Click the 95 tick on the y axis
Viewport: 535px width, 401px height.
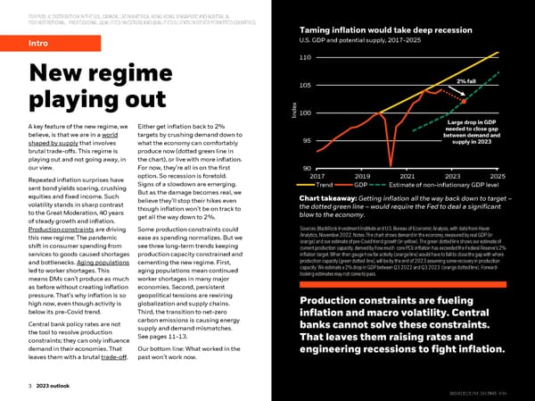pyautogui.click(x=305, y=140)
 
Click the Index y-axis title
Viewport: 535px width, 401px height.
pyautogui.click(x=292, y=110)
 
